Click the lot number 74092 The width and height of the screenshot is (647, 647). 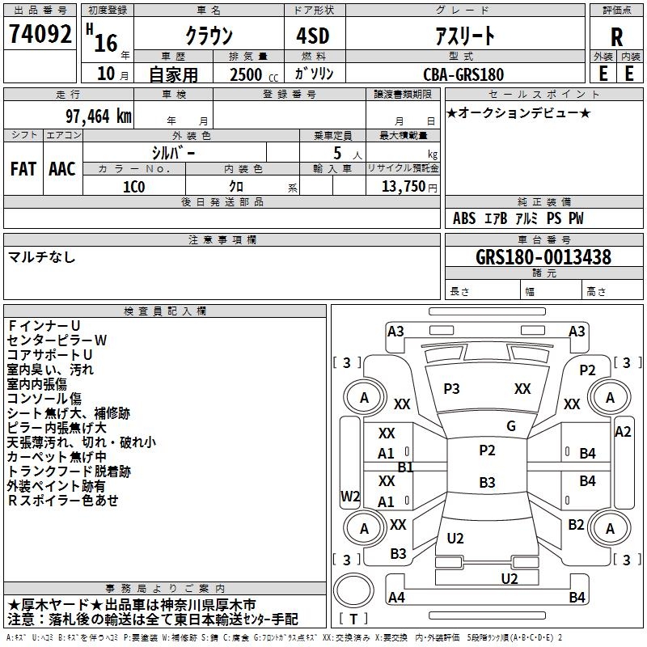[40, 36]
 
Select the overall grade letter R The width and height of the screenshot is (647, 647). [616, 37]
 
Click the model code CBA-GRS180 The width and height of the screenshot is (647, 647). [463, 74]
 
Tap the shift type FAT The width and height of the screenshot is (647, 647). [23, 169]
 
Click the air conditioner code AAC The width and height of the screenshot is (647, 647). [61, 169]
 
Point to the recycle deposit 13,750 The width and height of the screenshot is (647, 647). [402, 186]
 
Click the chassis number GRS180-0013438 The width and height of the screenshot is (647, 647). [543, 257]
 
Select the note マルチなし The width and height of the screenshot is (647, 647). [42, 257]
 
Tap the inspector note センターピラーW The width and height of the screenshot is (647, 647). [57, 340]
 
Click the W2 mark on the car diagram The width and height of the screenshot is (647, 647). [350, 496]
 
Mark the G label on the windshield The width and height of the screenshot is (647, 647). [510, 426]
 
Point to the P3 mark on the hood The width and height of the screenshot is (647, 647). [451, 389]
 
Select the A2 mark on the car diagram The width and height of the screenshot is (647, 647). [622, 432]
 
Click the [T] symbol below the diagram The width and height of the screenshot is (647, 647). [353, 619]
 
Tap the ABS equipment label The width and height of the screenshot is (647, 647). [464, 218]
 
